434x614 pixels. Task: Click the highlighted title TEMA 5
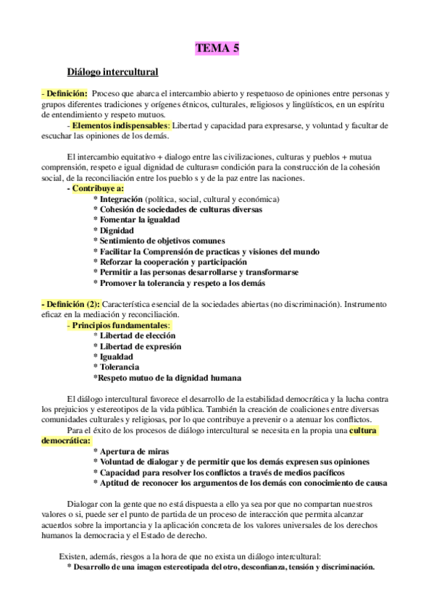217,49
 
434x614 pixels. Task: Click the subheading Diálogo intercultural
112,72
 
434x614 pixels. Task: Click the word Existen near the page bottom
73,556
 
